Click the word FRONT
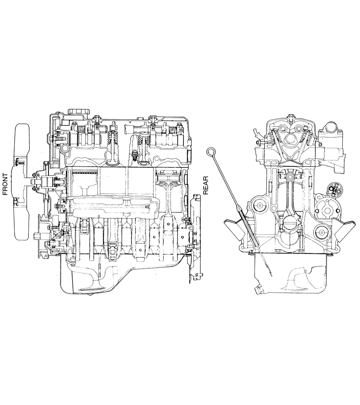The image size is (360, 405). (5, 184)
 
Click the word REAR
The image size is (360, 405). (206, 185)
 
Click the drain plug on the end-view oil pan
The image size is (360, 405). (259, 290)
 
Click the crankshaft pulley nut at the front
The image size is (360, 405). (37, 236)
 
